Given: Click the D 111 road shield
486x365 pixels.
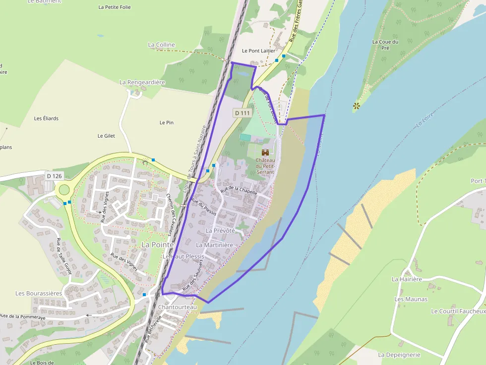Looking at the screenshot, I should point(243,113).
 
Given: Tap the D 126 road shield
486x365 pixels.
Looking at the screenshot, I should point(55,176).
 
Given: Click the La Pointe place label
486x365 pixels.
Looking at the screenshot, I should point(158,245).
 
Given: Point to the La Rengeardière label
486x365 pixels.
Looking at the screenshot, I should point(142,82).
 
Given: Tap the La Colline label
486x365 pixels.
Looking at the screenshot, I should point(162,45).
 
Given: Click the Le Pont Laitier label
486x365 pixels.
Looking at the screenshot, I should point(258,51).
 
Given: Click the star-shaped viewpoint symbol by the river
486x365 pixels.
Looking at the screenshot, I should point(356,105).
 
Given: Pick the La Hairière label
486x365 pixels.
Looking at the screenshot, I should point(407,279).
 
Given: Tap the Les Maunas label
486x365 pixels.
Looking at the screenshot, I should point(411,299).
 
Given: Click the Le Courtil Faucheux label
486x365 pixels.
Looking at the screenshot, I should point(458,312).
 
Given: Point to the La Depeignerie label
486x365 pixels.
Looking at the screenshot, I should point(399,355).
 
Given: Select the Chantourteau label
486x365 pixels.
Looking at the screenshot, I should point(178,307).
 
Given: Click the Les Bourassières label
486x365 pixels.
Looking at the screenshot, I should point(39,293).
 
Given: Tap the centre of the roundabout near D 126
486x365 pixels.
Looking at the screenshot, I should point(64,189).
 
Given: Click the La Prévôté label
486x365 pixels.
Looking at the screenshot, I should point(220,231).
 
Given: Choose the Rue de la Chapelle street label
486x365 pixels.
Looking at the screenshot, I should point(239,190).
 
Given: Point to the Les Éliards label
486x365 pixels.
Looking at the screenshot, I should point(46,118).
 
